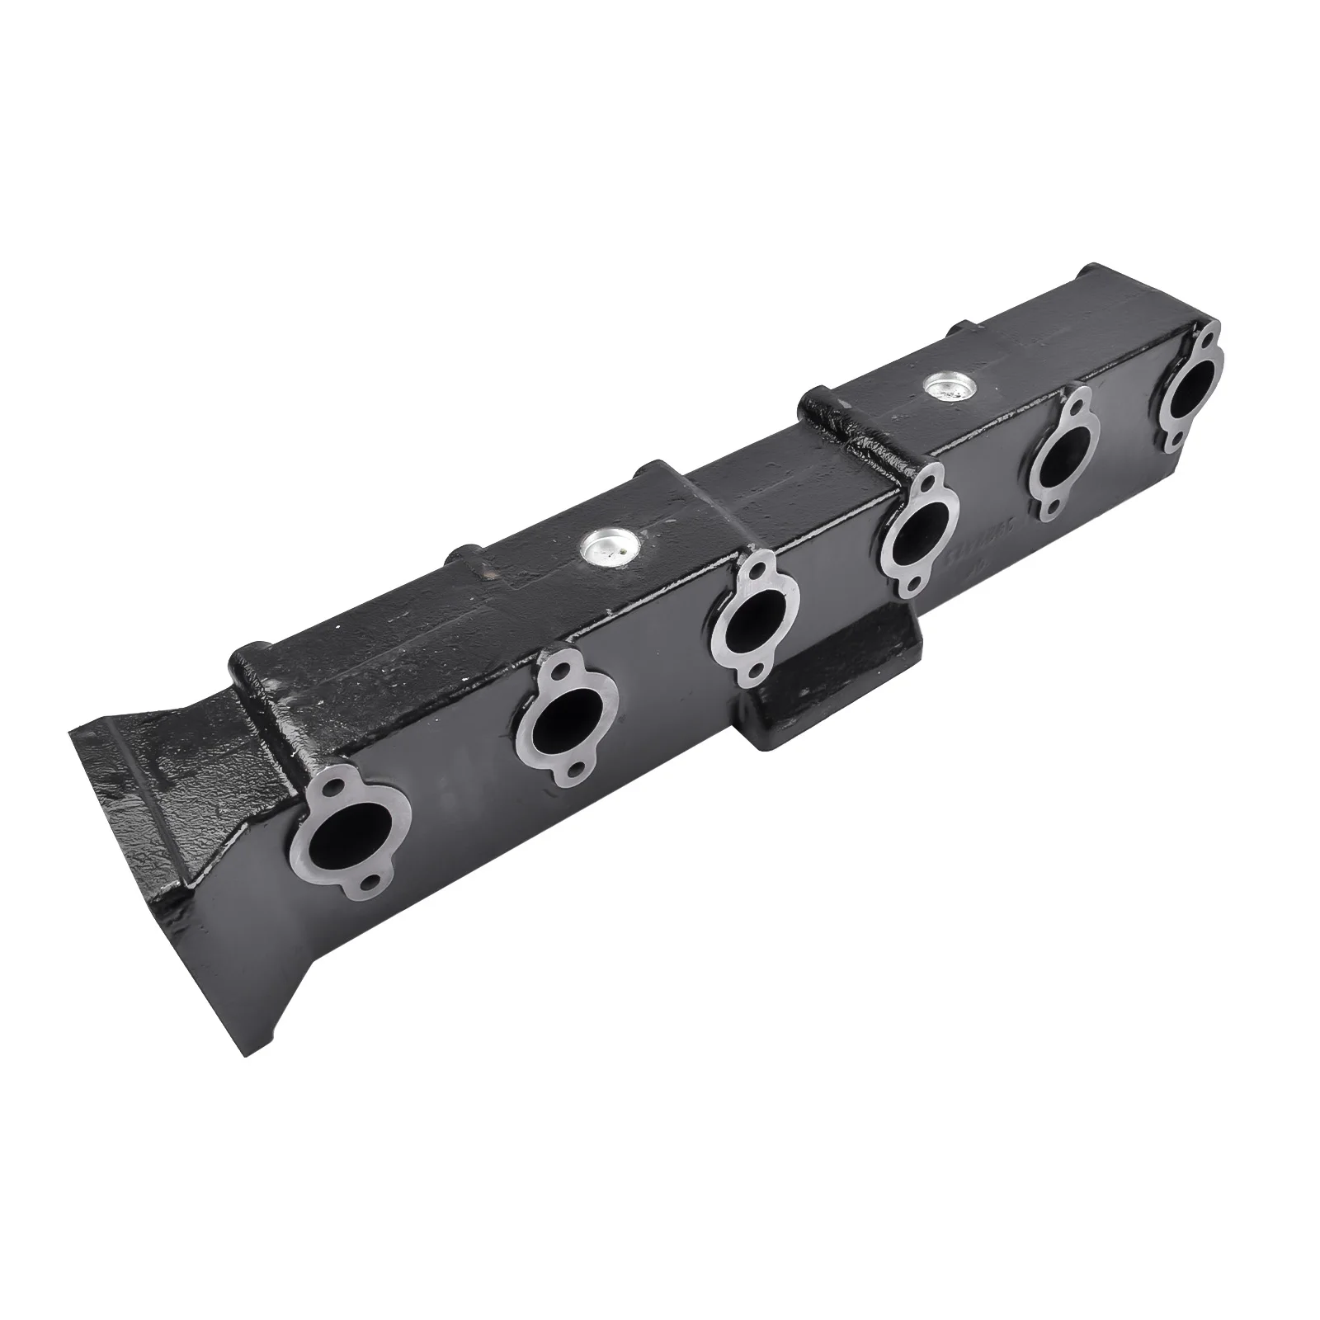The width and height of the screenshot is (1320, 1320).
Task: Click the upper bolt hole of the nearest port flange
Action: coord(331,790)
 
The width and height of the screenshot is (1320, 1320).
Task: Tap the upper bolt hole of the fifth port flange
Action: coord(1077,407)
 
